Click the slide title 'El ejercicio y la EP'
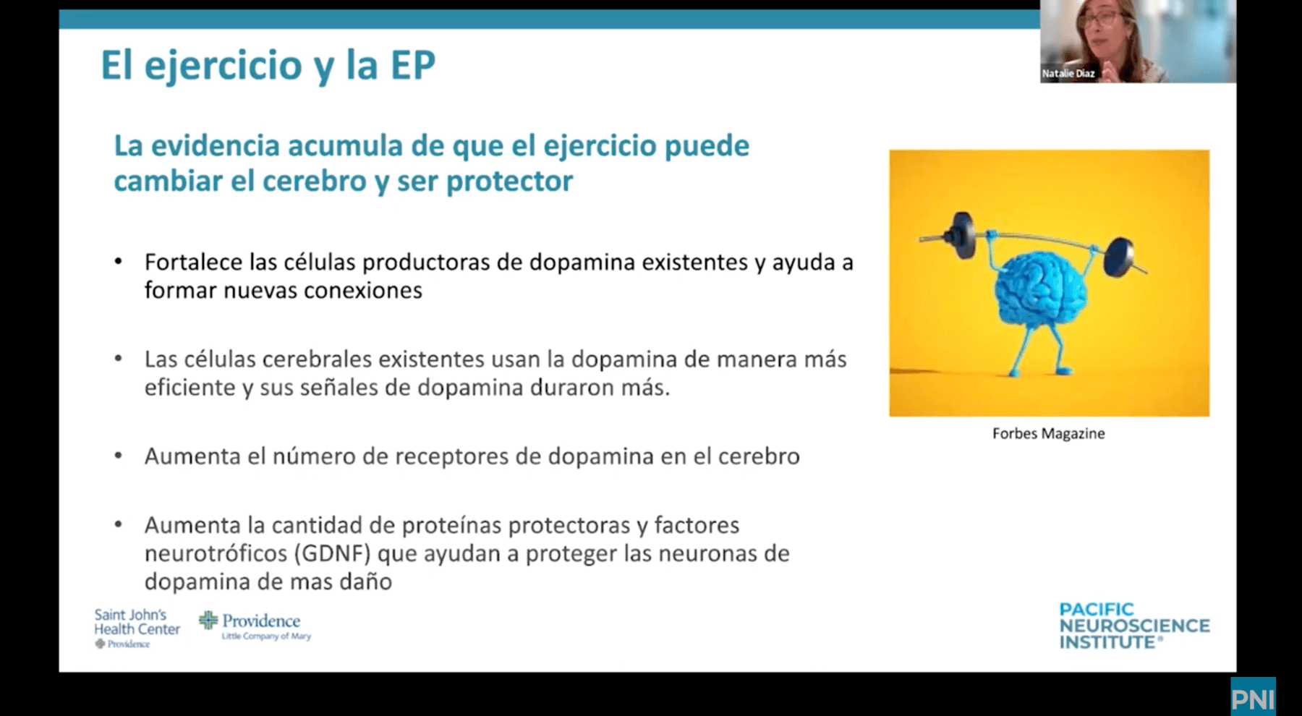coord(268,66)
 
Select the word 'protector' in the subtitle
coord(509,181)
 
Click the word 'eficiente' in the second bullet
coord(190,388)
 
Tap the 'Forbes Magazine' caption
coord(1048,434)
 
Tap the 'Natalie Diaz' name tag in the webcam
coord(1068,74)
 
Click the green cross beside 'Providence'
coord(208,620)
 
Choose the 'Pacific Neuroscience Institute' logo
coord(1134,626)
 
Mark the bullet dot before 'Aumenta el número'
coord(119,456)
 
